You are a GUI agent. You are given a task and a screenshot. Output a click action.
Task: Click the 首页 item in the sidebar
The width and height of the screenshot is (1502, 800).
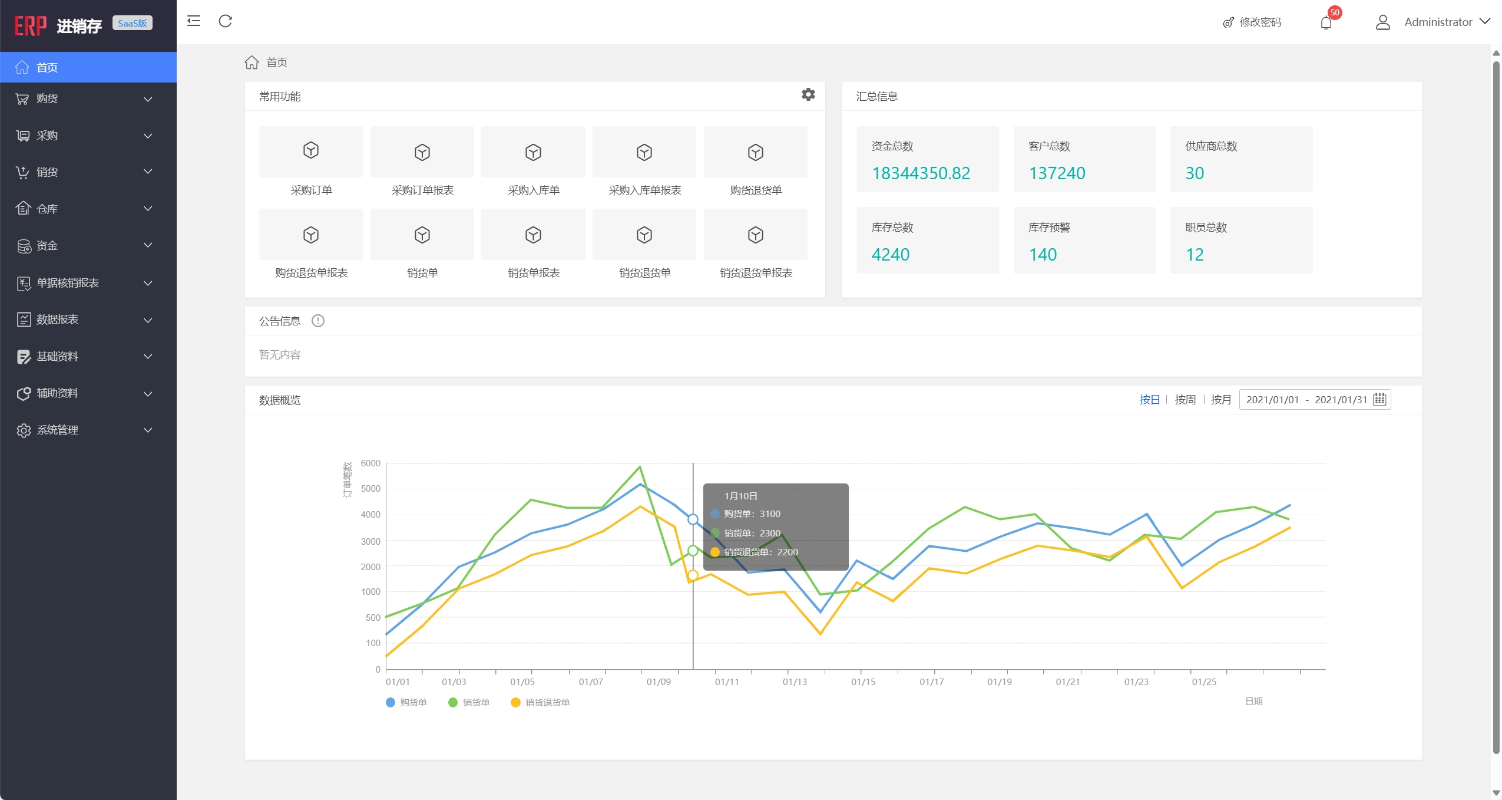(47, 67)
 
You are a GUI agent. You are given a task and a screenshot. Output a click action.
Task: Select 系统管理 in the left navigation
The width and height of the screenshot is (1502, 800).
(57, 430)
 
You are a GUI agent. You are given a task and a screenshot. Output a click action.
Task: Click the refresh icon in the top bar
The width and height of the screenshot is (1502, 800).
(226, 22)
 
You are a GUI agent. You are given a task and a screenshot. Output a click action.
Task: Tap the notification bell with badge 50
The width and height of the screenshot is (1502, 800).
(1326, 22)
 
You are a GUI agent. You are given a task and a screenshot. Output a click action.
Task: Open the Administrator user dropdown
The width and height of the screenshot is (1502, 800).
(1438, 22)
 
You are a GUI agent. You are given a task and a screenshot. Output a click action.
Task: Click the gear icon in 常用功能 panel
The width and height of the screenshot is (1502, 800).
(808, 94)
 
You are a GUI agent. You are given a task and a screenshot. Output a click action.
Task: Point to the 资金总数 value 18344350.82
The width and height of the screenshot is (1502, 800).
(921, 173)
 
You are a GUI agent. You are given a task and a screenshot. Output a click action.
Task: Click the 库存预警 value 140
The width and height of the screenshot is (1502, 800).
(1043, 255)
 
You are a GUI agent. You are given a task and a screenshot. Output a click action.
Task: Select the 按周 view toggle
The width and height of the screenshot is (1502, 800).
(1185, 400)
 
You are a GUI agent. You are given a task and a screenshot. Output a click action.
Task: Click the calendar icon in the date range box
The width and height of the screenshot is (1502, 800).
(1379, 400)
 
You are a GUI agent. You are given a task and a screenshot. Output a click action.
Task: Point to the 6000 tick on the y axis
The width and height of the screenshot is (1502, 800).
(370, 463)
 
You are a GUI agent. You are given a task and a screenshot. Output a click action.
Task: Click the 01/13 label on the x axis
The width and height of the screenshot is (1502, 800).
(795, 682)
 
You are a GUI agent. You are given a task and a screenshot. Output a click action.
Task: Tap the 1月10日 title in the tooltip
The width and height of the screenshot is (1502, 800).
(740, 496)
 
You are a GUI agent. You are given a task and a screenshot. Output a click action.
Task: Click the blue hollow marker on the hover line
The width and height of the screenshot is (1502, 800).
(693, 519)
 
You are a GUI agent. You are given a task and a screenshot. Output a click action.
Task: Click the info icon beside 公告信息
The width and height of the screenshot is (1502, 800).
(318, 321)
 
